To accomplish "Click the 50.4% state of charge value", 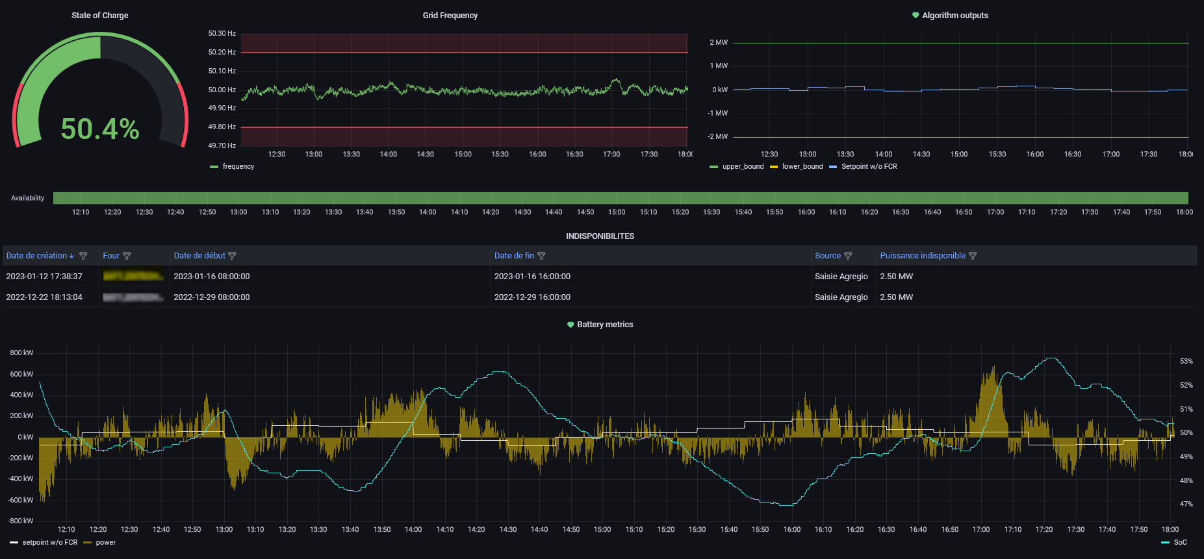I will [x=100, y=129].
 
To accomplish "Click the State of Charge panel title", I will [x=99, y=16].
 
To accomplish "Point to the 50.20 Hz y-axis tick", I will [x=222, y=52].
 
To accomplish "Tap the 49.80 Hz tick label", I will [x=222, y=127].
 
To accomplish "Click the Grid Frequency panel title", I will [x=450, y=16].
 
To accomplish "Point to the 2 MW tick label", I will [x=719, y=43].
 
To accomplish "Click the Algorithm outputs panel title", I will [x=954, y=16].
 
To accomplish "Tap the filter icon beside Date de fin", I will [x=541, y=256].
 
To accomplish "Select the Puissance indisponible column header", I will [x=922, y=256].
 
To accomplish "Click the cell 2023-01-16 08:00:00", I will [x=212, y=277].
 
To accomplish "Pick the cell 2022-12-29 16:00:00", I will [x=532, y=297].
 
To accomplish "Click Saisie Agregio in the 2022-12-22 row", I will [x=841, y=297].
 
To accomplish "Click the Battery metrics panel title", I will [x=604, y=325].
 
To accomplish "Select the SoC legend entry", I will [x=1180, y=543].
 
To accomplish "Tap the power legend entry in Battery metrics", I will [x=105, y=543].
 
